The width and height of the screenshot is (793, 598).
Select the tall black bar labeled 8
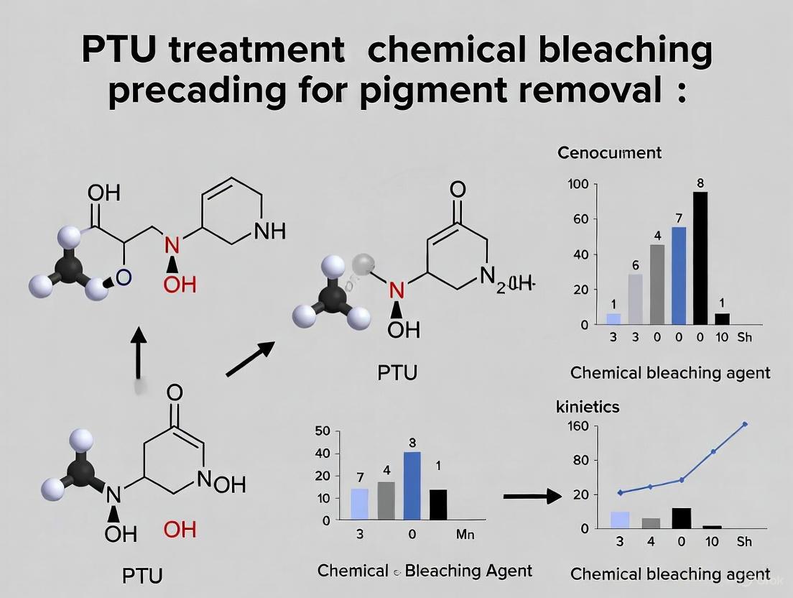700,257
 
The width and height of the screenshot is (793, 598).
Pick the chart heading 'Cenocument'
609,152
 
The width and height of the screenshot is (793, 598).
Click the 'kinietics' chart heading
588,407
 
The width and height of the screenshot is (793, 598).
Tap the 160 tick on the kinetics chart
578,426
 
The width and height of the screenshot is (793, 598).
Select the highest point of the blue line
745,424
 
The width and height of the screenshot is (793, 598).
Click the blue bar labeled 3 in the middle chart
412,485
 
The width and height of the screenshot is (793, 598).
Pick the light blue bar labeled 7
359,504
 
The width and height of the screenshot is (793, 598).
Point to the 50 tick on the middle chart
323,431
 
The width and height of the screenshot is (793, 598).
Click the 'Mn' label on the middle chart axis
465,535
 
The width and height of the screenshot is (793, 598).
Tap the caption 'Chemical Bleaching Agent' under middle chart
425,571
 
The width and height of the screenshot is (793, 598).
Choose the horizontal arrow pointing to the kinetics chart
532,496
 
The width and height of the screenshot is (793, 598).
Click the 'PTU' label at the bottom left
142,575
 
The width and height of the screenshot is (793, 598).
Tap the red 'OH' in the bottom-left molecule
180,530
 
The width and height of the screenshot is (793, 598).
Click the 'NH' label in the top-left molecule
270,231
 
